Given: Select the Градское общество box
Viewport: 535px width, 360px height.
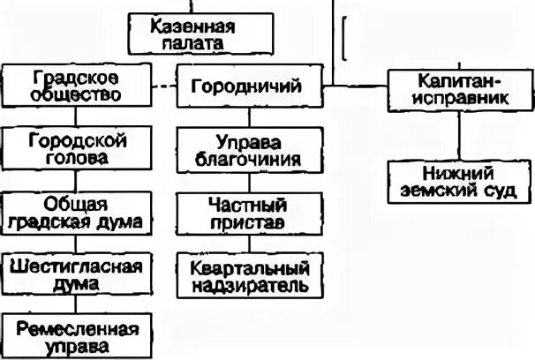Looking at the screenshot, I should (x=74, y=86).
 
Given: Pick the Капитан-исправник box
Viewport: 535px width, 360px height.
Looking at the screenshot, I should (x=460, y=88).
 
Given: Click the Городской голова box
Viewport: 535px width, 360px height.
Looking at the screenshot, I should (x=74, y=149).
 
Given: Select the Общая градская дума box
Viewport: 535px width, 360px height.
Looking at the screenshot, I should (x=74, y=211).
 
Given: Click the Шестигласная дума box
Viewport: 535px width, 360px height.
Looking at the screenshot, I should (x=74, y=274).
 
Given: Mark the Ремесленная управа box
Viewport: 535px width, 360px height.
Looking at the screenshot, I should (x=74, y=337).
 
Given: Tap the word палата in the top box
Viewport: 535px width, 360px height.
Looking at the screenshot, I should (x=186, y=42).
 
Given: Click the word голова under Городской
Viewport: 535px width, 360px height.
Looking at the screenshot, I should (x=74, y=159).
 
